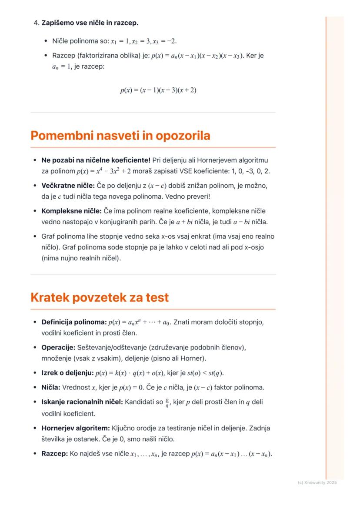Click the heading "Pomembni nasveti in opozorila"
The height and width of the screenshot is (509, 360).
(120, 136)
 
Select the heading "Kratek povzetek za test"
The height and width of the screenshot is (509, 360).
(100, 298)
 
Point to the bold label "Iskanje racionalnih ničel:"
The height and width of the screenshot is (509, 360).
(82, 402)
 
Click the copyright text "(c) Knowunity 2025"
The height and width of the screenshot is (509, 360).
(317, 482)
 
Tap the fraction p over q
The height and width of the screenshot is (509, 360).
(167, 403)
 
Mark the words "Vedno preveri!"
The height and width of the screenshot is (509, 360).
(189, 196)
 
